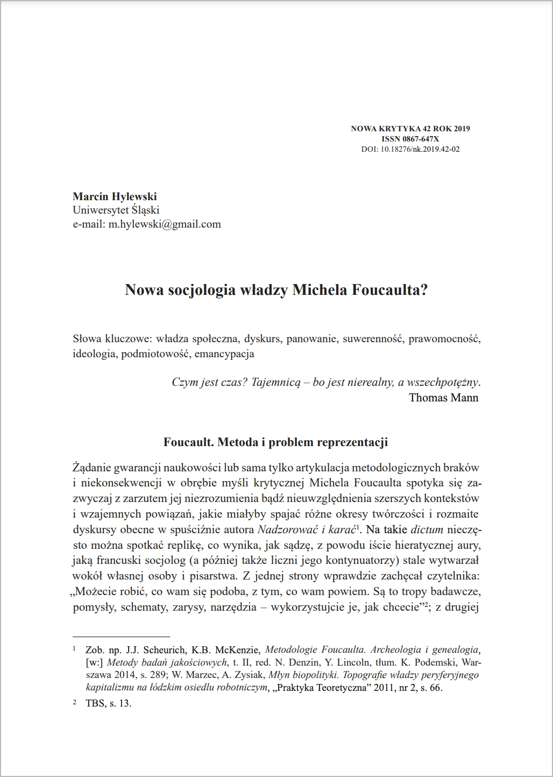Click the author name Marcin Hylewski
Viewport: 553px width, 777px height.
(x=115, y=196)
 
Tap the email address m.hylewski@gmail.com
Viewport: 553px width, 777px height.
(x=165, y=224)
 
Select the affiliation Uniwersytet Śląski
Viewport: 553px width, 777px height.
(x=116, y=210)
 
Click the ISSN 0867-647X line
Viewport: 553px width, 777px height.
(x=410, y=139)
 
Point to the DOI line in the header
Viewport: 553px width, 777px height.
(x=410, y=149)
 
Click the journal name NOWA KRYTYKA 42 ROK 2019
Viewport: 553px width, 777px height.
(x=410, y=129)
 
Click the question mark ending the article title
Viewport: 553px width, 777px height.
(x=424, y=291)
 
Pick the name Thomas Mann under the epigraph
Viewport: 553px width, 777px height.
(x=443, y=398)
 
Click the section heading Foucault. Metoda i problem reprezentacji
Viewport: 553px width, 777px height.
(x=276, y=443)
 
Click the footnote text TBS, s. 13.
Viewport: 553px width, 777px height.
(x=108, y=703)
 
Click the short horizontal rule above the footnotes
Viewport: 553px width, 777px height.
(x=121, y=635)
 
